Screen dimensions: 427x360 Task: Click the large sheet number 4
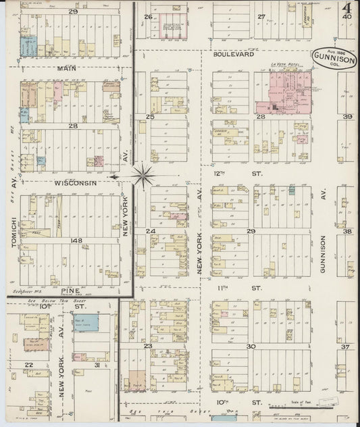345,10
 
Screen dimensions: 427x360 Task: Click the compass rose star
143,176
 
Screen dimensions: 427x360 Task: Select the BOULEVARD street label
233,56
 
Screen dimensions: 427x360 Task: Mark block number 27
261,16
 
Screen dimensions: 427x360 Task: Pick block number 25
151,117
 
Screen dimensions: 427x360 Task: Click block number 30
251,346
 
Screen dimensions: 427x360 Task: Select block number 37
344,347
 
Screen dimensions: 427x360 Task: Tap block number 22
28,365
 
